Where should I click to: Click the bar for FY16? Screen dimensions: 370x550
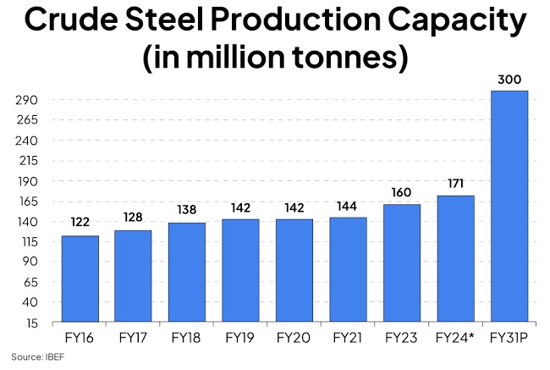pyautogui.click(x=80, y=279)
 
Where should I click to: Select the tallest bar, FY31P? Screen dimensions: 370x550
pyautogui.click(x=509, y=206)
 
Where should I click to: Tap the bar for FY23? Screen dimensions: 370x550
pyautogui.click(x=402, y=262)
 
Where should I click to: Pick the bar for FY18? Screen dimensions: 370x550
pyautogui.click(x=187, y=272)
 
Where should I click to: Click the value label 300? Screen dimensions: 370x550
pyautogui.click(x=509, y=80)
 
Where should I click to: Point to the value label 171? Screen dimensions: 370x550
pyautogui.click(x=456, y=184)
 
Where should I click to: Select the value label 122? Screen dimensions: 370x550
pyautogui.click(x=80, y=224)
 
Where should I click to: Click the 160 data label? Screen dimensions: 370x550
pyautogui.click(x=402, y=192)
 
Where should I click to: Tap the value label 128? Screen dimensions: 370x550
pyautogui.click(x=133, y=218)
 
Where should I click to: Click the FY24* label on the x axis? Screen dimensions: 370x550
pyautogui.click(x=456, y=338)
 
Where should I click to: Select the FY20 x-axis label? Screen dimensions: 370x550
pyautogui.click(x=294, y=338)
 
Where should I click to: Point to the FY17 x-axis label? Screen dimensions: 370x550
pyautogui.click(x=133, y=338)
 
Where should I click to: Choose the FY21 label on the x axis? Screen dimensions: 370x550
pyautogui.click(x=348, y=338)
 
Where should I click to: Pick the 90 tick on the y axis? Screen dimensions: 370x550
pyautogui.click(x=30, y=262)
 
